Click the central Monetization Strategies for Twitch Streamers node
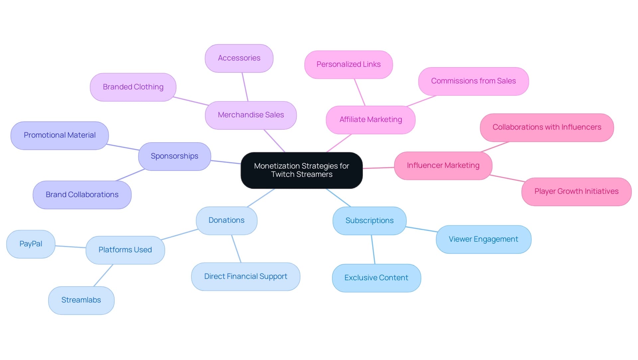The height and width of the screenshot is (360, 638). tap(301, 170)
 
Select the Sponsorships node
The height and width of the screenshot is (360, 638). tap(174, 156)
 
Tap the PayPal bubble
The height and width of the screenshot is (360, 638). tap(31, 244)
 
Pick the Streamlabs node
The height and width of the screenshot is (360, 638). tap(81, 300)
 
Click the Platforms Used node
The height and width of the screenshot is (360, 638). tap(125, 250)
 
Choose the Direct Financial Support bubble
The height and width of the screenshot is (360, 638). tap(246, 277)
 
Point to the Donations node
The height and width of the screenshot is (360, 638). tap(226, 220)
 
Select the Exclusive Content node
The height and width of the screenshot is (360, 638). tap(376, 278)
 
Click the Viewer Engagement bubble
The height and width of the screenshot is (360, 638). tap(483, 239)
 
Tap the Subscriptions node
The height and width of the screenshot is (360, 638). tap(369, 221)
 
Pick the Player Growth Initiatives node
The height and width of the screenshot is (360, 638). tap(576, 191)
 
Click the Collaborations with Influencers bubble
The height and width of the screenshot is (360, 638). tap(547, 127)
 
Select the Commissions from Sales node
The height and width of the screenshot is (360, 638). tap(473, 81)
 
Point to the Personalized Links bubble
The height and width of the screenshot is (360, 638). tap(348, 64)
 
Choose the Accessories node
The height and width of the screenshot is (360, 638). tap(239, 58)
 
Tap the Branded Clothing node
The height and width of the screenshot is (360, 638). tap(133, 87)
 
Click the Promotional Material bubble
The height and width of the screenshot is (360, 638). tap(59, 135)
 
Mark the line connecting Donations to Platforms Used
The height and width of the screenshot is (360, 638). tap(179, 234)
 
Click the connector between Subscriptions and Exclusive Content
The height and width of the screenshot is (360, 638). tap(373, 250)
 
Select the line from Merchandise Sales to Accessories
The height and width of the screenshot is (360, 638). tap(245, 87)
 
